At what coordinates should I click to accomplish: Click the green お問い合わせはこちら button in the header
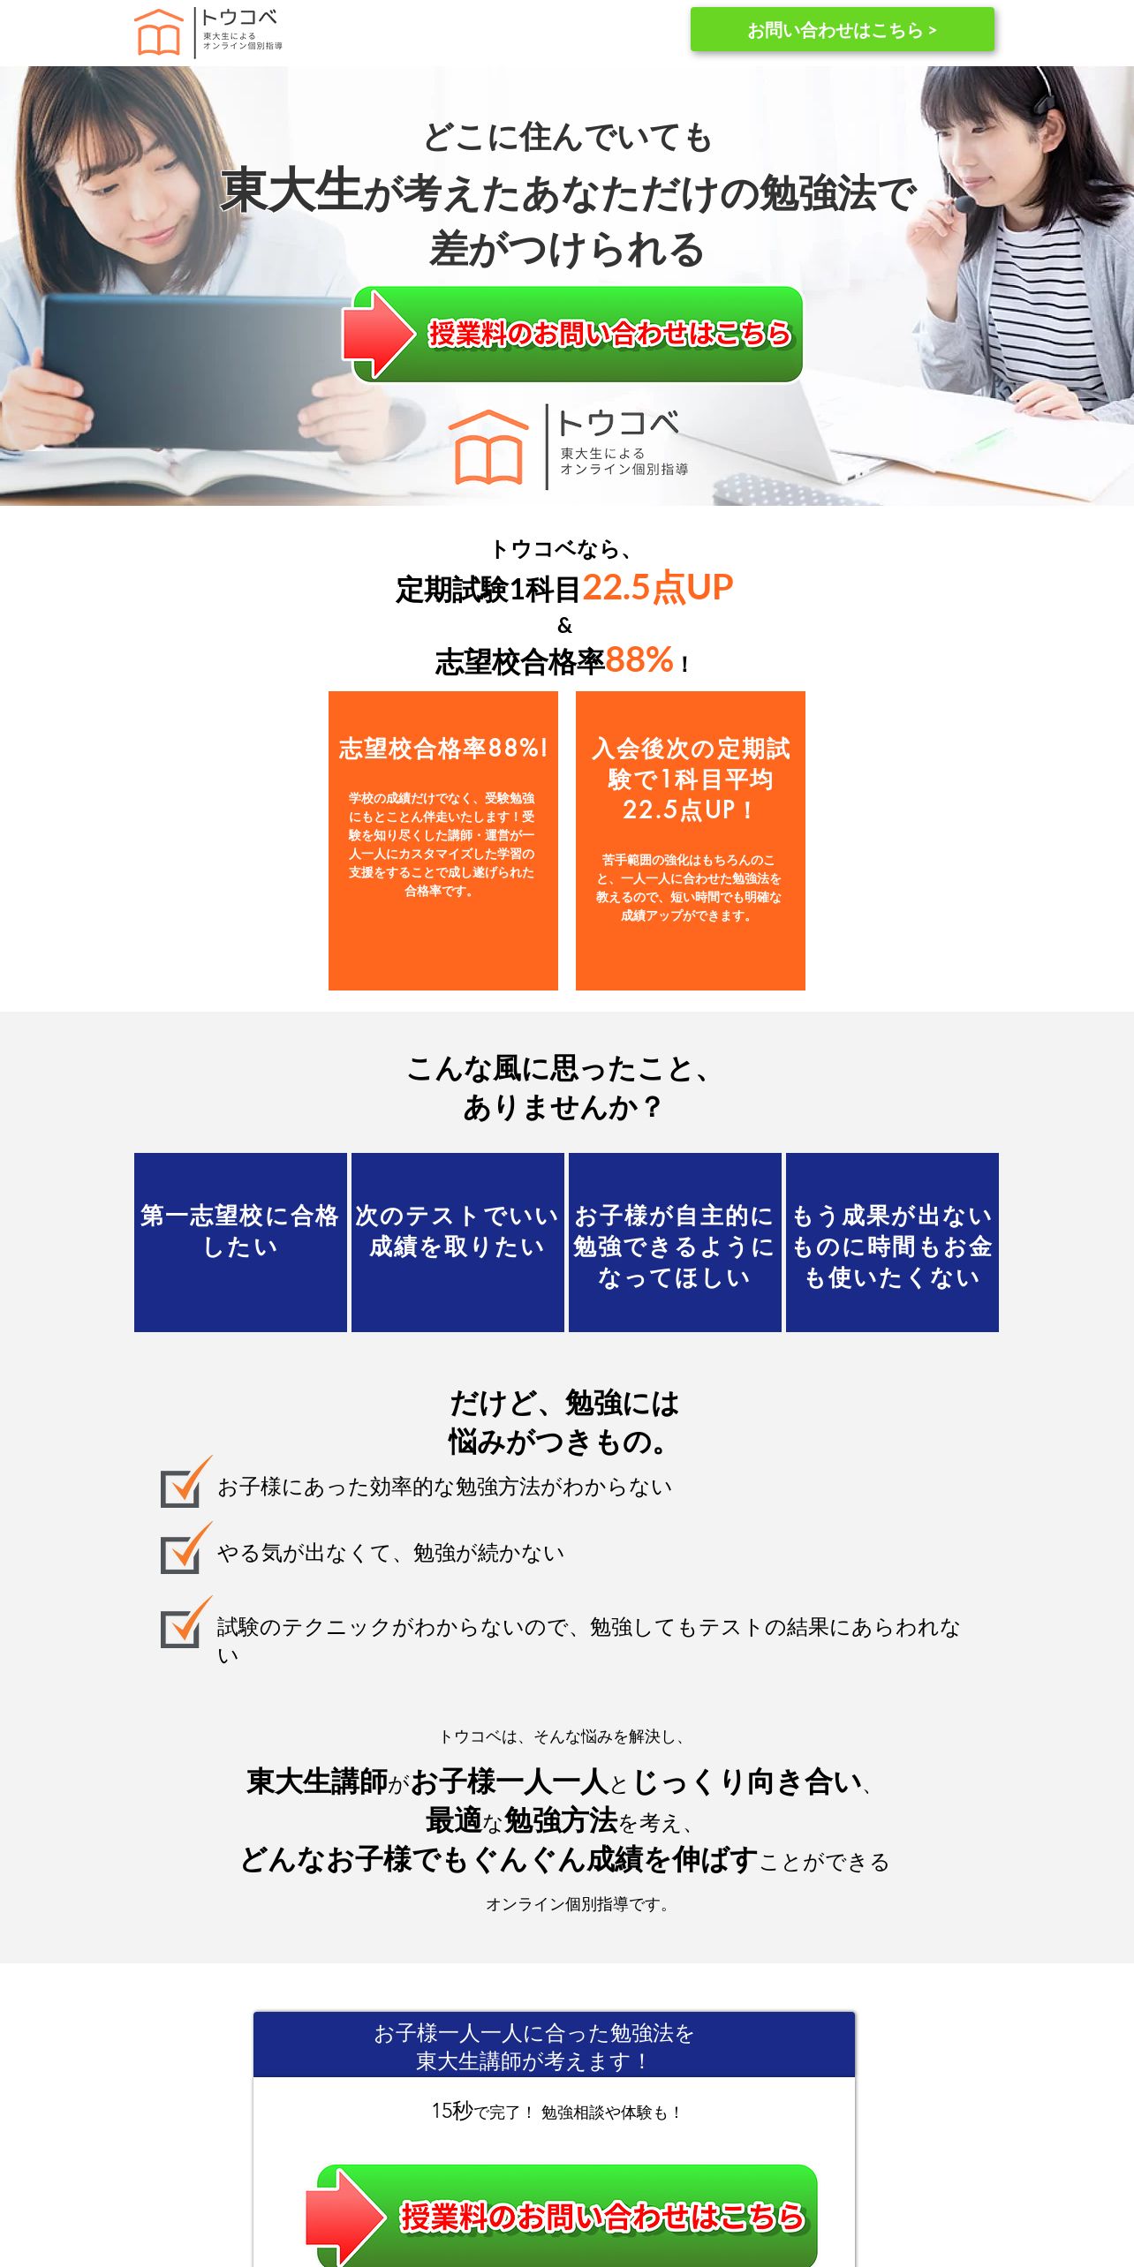tap(842, 30)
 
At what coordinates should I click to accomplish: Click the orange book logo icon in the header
tap(159, 33)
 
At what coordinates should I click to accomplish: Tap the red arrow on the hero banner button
tap(378, 334)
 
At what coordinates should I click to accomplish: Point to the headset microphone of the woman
tap(963, 203)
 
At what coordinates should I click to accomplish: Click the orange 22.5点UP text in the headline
tap(658, 588)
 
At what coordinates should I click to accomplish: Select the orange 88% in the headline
tap(639, 660)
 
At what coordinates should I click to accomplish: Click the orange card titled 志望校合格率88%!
tap(443, 840)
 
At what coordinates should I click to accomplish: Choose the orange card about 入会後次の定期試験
tap(691, 840)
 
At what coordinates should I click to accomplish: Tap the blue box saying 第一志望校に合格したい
tap(240, 1241)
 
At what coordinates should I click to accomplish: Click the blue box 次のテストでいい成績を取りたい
tap(457, 1241)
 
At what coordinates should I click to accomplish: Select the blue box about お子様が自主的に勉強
tap(675, 1241)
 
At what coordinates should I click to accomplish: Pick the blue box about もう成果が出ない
tap(892, 1241)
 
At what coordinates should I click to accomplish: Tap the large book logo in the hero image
tap(488, 448)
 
